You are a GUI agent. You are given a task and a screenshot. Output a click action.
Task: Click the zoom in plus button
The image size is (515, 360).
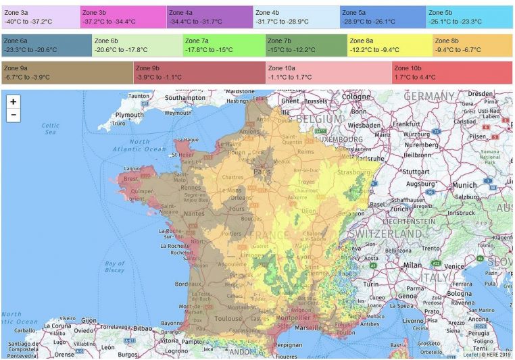14,101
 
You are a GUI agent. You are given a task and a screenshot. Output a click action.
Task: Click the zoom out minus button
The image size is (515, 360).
14,115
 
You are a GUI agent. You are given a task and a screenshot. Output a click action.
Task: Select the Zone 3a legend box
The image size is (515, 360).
41,17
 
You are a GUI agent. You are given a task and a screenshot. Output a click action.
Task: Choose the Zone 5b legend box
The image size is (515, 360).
469,17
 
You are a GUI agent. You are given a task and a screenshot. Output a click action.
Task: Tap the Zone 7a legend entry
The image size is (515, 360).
224,45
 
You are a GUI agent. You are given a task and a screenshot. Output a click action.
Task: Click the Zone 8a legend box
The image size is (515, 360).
389,45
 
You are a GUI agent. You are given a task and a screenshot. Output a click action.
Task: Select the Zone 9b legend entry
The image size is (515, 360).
199,72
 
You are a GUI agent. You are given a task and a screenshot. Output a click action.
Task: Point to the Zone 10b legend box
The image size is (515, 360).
451,72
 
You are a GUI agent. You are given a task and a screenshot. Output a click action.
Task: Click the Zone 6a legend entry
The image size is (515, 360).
46,45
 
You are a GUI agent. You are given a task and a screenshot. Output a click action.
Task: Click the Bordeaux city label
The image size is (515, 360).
188,284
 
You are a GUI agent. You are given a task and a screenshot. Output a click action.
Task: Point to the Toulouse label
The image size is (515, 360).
228,318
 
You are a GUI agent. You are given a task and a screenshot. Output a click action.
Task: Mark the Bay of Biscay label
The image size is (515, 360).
115,267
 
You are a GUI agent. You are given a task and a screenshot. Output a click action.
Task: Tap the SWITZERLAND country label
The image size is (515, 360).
385,233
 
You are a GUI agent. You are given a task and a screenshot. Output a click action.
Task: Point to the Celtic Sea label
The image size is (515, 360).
51,129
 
